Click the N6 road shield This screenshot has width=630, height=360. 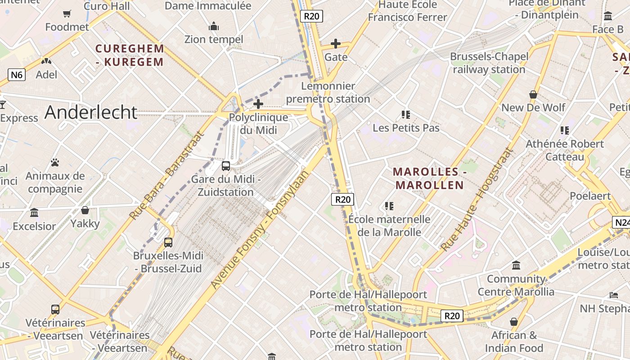coord(17,75)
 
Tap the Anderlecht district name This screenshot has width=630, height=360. coord(90,112)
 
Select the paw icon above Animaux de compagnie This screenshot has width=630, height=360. coord(55,162)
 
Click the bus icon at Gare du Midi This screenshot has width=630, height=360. coord(226,166)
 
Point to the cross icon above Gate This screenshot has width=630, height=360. coord(336,44)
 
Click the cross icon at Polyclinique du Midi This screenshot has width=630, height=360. coord(258,104)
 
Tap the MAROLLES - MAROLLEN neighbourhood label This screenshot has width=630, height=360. coord(429,178)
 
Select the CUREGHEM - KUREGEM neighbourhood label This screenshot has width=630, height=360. coord(130,55)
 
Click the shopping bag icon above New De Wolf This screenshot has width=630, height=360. coord(533,94)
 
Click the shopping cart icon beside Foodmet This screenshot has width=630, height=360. coord(67,14)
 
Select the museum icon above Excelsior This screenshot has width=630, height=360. coord(34,212)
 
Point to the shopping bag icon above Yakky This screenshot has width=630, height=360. coord(85,210)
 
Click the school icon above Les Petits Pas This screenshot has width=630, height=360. coord(406,114)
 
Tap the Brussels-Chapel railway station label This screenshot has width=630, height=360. coord(489,63)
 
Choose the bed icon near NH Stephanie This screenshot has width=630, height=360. coord(614,295)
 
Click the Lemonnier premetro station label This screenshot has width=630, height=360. coord(328,92)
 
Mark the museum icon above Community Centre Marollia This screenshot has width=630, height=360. coord(516,265)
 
